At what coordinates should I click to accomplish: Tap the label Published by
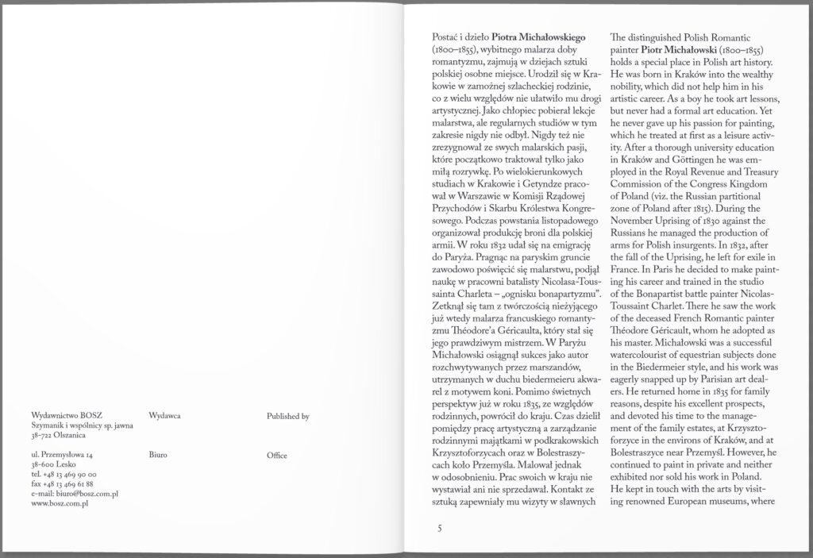pyautogui.click(x=287, y=415)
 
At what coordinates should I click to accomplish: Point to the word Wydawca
pyautogui.click(x=164, y=415)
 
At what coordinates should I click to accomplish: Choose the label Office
pyautogui.click(x=277, y=456)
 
